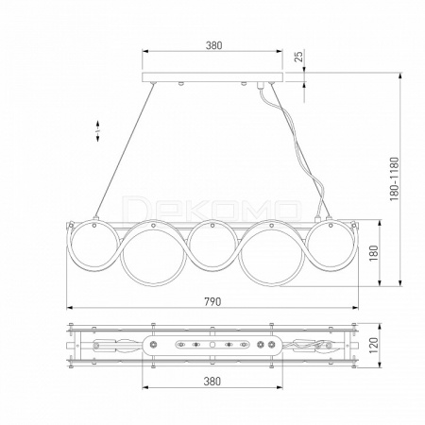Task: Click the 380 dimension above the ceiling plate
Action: click(x=213, y=45)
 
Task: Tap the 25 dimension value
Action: click(x=299, y=57)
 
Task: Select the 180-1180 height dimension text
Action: click(x=394, y=179)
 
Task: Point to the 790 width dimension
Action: click(x=212, y=301)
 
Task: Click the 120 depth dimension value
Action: click(x=373, y=345)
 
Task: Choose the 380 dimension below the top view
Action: click(x=212, y=382)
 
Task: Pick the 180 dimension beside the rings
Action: click(x=373, y=253)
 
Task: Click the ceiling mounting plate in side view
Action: click(x=212, y=77)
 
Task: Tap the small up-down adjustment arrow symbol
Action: click(x=97, y=130)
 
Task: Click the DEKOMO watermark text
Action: click(x=212, y=210)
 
